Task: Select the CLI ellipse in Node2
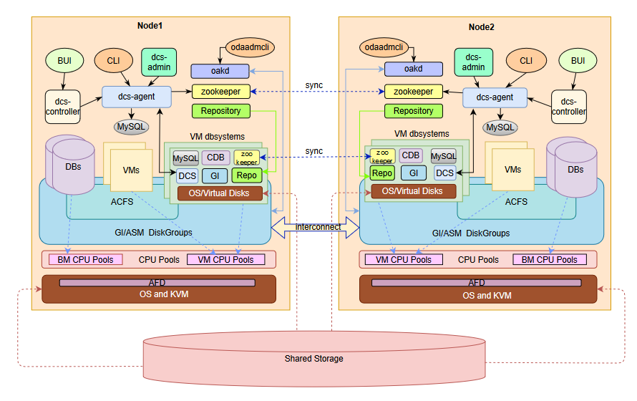(526, 61)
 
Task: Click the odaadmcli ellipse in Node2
(394, 47)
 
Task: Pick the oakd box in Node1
(220, 70)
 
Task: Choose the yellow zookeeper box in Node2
(413, 92)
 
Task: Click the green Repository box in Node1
(220, 111)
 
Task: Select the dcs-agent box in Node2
(495, 97)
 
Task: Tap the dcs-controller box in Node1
(62, 107)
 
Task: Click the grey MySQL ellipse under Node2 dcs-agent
(500, 127)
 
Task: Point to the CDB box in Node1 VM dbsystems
(215, 158)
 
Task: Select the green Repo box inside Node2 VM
(382, 173)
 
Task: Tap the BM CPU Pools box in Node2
(549, 259)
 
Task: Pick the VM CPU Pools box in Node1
(225, 259)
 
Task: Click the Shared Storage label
(313, 358)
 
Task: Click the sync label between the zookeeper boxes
(314, 85)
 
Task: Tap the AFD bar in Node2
(476, 283)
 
